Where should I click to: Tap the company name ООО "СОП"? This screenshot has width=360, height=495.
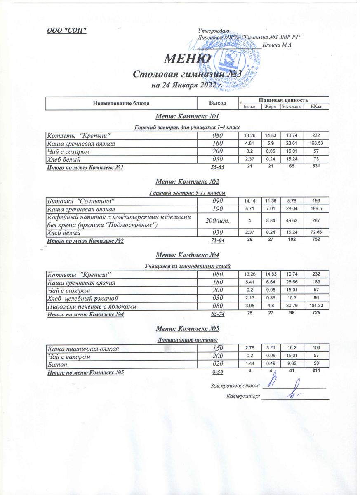coord(66,31)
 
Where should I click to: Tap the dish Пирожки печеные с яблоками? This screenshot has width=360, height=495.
coord(91,306)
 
